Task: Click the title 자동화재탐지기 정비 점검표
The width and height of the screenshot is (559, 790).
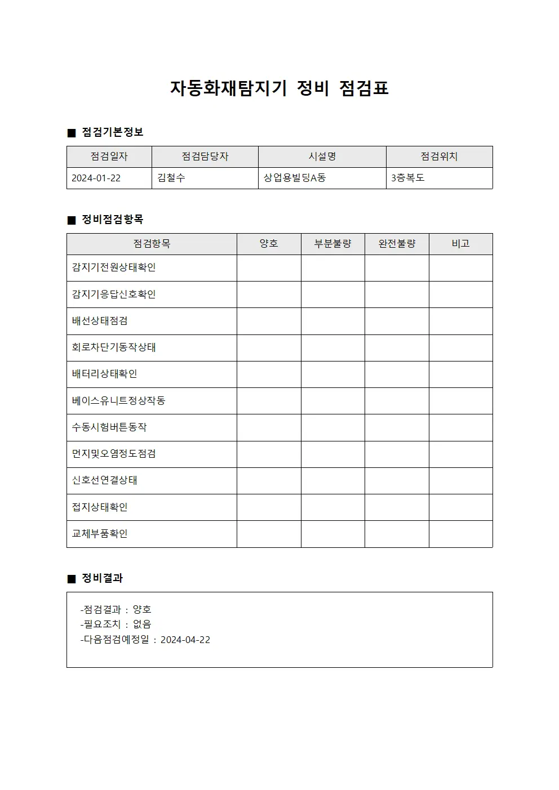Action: tap(279, 88)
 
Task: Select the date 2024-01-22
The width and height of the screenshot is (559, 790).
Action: tap(96, 178)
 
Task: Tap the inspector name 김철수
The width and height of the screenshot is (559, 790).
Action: tap(171, 178)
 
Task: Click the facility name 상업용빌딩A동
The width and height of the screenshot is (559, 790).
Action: tap(295, 178)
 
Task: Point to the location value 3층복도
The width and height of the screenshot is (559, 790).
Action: tap(408, 178)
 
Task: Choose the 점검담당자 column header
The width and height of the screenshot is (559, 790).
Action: tap(205, 157)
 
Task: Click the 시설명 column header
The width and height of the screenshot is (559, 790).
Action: tap(322, 157)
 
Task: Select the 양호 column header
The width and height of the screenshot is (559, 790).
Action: tap(269, 244)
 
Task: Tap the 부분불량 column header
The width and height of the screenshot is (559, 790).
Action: tap(332, 244)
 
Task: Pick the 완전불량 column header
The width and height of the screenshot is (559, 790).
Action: tap(397, 244)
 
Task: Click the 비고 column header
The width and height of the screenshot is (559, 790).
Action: tap(460, 244)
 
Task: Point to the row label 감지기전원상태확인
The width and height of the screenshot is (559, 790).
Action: tap(114, 267)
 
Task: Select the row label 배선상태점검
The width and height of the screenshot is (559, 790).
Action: tap(100, 321)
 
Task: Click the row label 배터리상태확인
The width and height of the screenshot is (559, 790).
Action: tap(104, 374)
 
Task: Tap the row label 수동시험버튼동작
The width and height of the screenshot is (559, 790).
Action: tap(109, 427)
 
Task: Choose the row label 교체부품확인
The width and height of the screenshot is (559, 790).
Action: tap(100, 534)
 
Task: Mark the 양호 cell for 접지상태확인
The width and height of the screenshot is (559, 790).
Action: tap(269, 507)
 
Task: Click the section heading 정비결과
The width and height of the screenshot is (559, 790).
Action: tap(102, 578)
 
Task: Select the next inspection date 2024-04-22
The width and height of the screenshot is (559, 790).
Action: tap(185, 640)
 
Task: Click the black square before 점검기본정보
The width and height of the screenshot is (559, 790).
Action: tap(71, 133)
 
